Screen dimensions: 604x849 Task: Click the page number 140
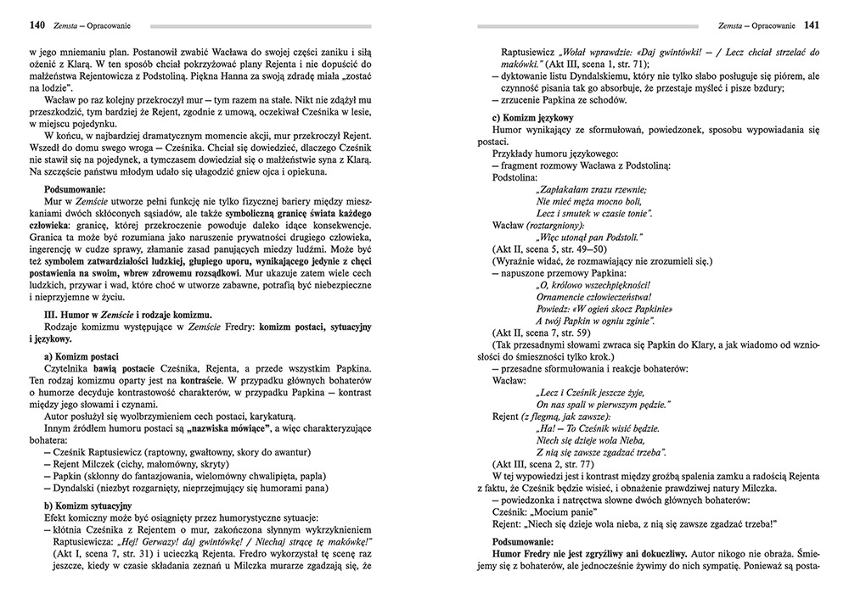[37, 26]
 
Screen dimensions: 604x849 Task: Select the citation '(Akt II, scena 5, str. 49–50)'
[550, 249]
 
